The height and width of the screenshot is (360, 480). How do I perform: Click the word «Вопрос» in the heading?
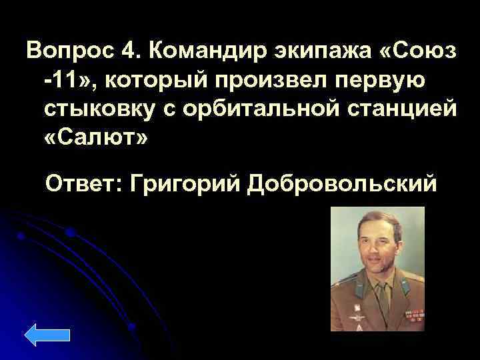(66, 51)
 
